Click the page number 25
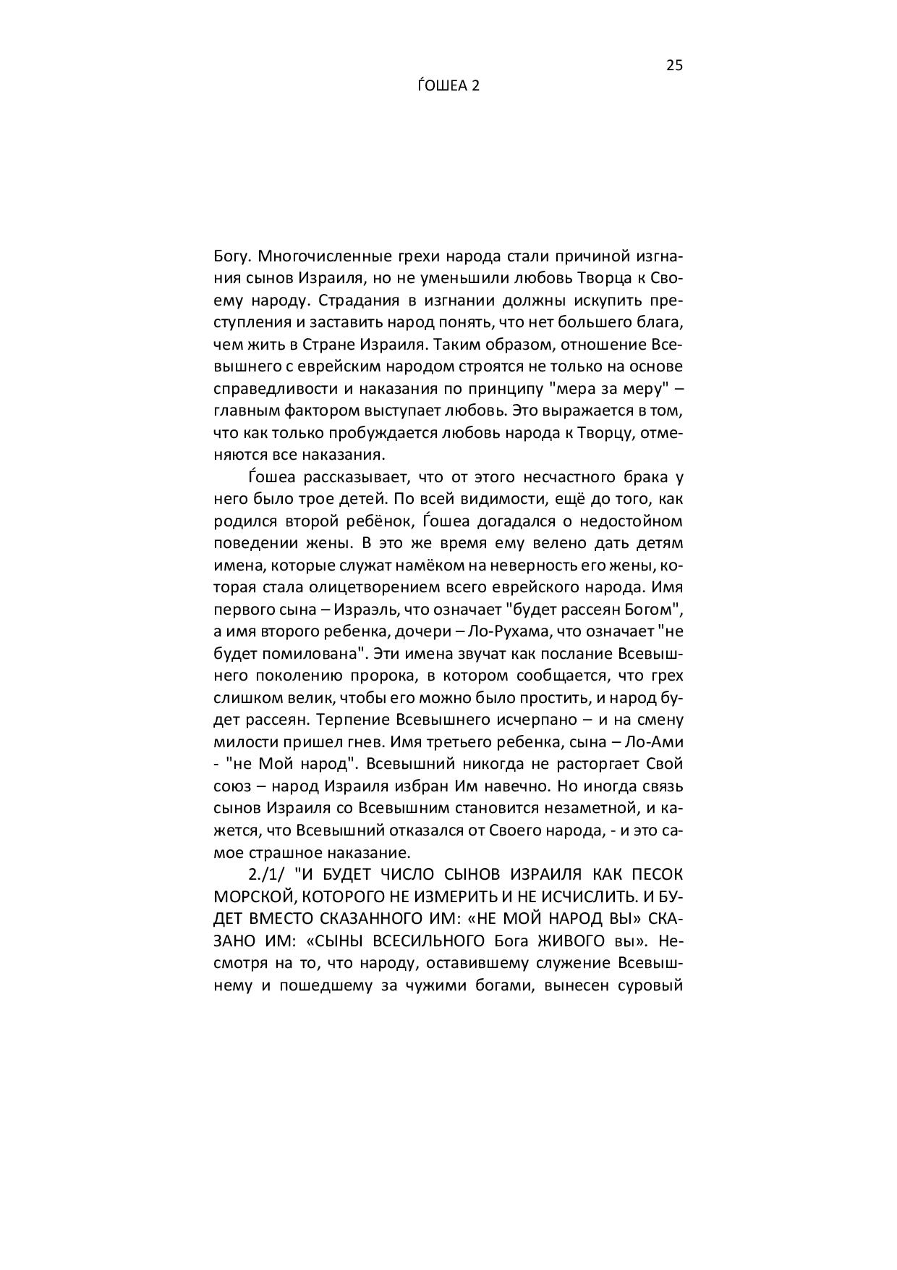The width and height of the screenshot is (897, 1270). [x=673, y=65]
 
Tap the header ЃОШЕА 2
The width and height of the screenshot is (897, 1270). [x=448, y=85]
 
